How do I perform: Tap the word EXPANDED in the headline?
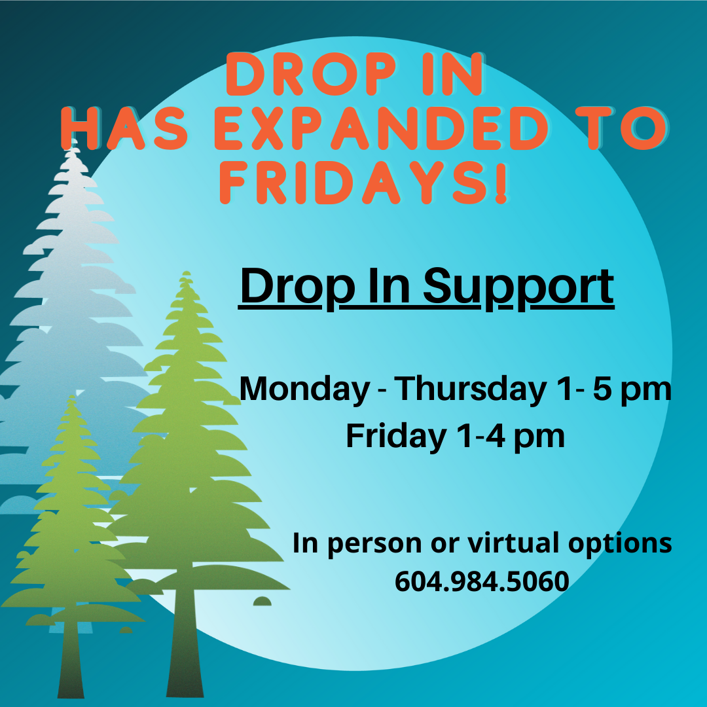coord(381,128)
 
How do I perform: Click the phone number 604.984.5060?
coord(482,581)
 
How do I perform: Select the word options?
coord(620,544)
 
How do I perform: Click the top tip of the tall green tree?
coord(186,272)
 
